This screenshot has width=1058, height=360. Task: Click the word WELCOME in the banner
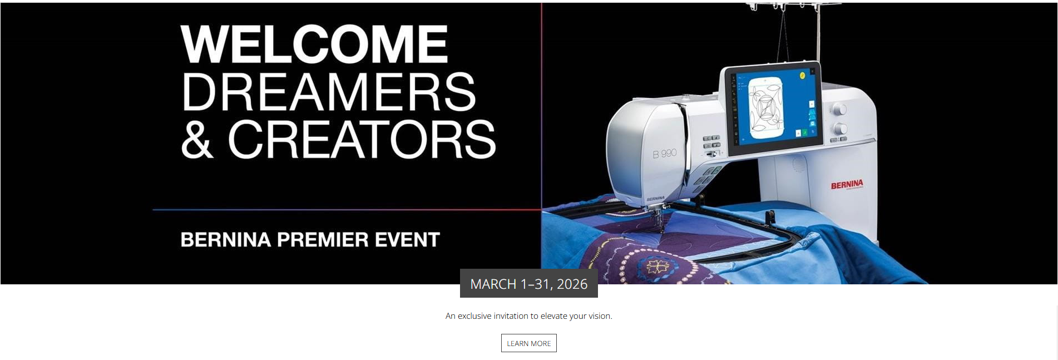tap(314, 44)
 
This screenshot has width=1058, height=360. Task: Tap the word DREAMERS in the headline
tap(329, 92)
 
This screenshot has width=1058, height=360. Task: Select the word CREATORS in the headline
tap(362, 139)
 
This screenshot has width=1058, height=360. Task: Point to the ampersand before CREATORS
tap(197, 139)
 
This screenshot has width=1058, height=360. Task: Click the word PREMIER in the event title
tap(323, 240)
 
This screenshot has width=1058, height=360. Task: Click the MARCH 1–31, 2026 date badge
tap(529, 284)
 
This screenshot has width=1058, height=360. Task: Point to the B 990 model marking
tap(665, 153)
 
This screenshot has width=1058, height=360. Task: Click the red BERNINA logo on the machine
tap(847, 185)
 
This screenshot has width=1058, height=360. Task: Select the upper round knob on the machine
tap(839, 109)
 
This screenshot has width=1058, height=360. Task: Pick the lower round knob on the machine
tap(839, 129)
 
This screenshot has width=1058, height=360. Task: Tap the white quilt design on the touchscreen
tap(766, 107)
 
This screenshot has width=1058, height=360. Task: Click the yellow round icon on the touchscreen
tap(803, 75)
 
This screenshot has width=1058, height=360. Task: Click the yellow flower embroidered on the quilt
tap(657, 267)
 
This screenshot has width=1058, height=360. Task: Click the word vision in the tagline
tap(600, 316)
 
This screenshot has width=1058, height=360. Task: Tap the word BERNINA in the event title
tap(226, 240)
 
